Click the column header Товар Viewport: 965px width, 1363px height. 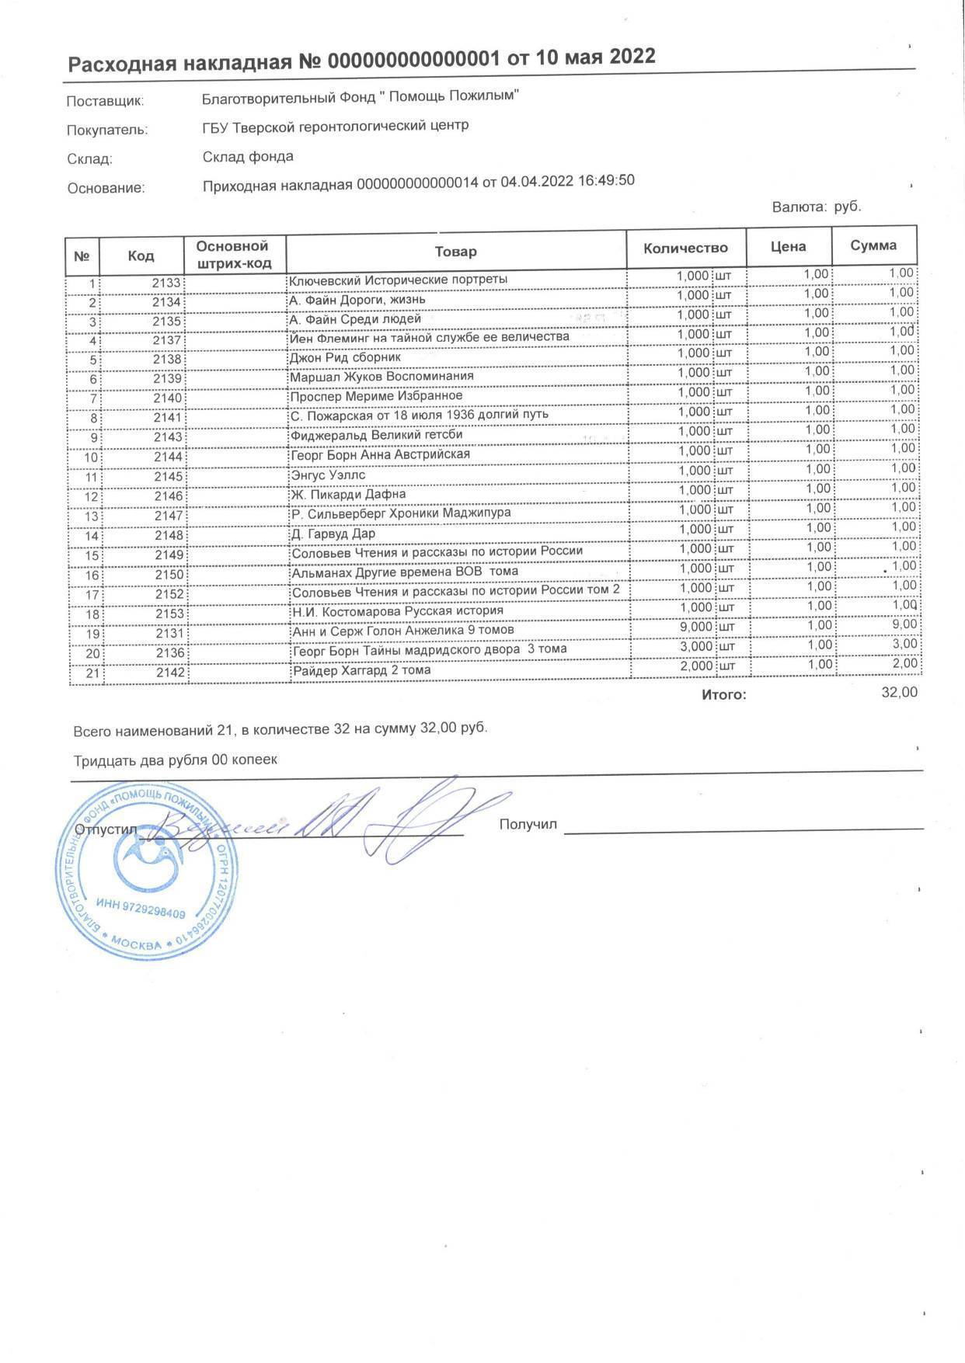coord(456,251)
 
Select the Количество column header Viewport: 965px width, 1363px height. coord(685,249)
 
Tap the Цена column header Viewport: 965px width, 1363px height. coord(788,247)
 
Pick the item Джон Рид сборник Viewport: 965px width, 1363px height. coord(345,357)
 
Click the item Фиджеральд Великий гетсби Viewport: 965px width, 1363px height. coord(377,435)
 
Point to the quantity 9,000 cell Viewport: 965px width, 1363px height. coord(693,627)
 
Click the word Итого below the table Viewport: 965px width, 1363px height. coord(723,694)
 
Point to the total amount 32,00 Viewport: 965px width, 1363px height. coord(899,692)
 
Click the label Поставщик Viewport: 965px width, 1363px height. coord(106,101)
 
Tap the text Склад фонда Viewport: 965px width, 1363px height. coord(248,157)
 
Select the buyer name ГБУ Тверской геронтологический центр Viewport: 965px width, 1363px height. coord(335,126)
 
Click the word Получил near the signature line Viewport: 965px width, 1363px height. coord(528,824)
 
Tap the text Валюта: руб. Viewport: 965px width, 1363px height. coord(816,207)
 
